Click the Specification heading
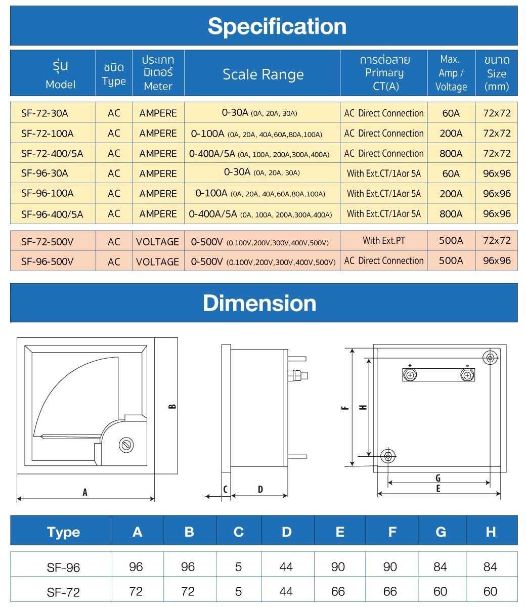tap(277, 26)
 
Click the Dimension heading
tap(259, 303)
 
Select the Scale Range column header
tap(263, 74)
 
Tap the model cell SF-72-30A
tap(45, 113)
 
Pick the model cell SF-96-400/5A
tap(52, 214)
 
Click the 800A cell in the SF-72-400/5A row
tap(451, 153)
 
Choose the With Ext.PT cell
tap(383, 240)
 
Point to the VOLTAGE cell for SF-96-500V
tap(157, 262)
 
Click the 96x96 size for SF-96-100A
tap(497, 194)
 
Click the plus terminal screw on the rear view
tap(410, 375)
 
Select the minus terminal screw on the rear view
tap(467, 375)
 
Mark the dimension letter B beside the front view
tap(172, 406)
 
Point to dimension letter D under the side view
tap(260, 489)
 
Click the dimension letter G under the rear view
tap(438, 478)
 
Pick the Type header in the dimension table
tap(63, 532)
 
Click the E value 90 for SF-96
tap(338, 567)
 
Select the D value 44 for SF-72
tap(286, 591)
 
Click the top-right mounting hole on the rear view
tap(490, 358)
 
